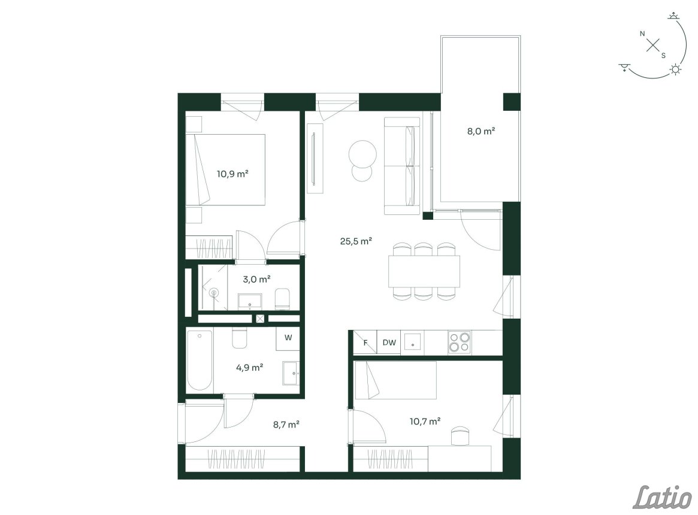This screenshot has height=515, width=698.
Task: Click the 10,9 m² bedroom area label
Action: [x=232, y=174]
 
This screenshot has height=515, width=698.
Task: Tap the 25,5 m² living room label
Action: [x=356, y=241]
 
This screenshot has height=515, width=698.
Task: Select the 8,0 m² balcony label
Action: [x=481, y=131]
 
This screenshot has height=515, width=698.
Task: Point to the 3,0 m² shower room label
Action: [x=257, y=280]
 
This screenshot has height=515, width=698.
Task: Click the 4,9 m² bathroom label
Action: [x=250, y=368]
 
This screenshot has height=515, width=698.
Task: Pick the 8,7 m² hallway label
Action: [x=286, y=425]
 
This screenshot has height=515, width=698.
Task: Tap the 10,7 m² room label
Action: [x=425, y=420]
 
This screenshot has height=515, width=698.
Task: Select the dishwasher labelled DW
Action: [x=389, y=343]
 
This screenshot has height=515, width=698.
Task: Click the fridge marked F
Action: [x=365, y=343]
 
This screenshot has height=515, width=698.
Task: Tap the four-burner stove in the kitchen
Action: [x=460, y=343]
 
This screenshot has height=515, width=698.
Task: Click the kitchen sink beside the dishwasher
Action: [x=412, y=343]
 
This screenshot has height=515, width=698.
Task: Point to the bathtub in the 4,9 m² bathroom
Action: [x=200, y=360]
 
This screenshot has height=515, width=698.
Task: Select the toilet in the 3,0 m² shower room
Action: [x=283, y=298]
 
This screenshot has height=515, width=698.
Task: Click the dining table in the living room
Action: [x=424, y=271]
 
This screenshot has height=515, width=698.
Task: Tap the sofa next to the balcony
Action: [x=403, y=166]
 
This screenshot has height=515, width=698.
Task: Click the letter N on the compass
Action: [x=642, y=34]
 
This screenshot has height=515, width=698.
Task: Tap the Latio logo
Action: [x=663, y=497]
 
